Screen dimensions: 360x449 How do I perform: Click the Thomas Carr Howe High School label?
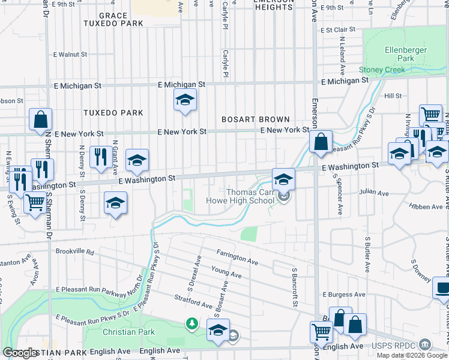click(242, 196)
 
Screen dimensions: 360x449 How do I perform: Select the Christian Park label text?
click(128, 332)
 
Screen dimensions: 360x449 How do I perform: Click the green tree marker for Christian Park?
click(192, 325)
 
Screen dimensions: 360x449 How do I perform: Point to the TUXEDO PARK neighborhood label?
click(113, 113)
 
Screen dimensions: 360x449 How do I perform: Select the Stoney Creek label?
click(382, 70)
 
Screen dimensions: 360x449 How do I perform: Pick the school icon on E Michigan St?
click(185, 100)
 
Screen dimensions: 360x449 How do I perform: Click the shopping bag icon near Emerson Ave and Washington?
click(321, 143)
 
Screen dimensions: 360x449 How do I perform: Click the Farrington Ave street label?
click(237, 258)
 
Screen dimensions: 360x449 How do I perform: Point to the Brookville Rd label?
click(74, 252)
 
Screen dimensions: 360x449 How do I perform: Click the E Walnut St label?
click(70, 55)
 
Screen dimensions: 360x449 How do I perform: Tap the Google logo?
click(20, 353)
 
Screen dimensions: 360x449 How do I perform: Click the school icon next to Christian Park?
click(218, 331)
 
